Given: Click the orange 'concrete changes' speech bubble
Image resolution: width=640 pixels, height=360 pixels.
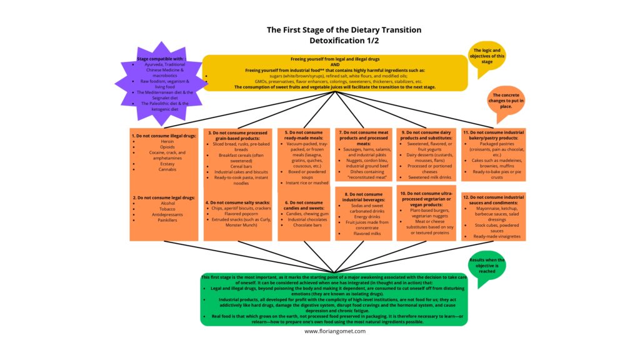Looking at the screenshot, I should pos(507,102).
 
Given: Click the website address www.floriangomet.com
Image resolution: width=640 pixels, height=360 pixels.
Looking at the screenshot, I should pos(335,331).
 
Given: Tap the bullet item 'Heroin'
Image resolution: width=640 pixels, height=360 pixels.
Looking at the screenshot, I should pos(167,141).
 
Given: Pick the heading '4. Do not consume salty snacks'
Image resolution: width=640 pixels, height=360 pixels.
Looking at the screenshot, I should pos(238,202).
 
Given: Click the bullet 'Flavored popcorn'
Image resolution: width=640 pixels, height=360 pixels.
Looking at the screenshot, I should pos(237,214).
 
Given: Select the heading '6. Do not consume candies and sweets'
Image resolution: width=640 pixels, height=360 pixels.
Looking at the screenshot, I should pos(303,206).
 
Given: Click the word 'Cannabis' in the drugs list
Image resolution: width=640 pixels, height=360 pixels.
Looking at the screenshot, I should pos(167,169).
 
